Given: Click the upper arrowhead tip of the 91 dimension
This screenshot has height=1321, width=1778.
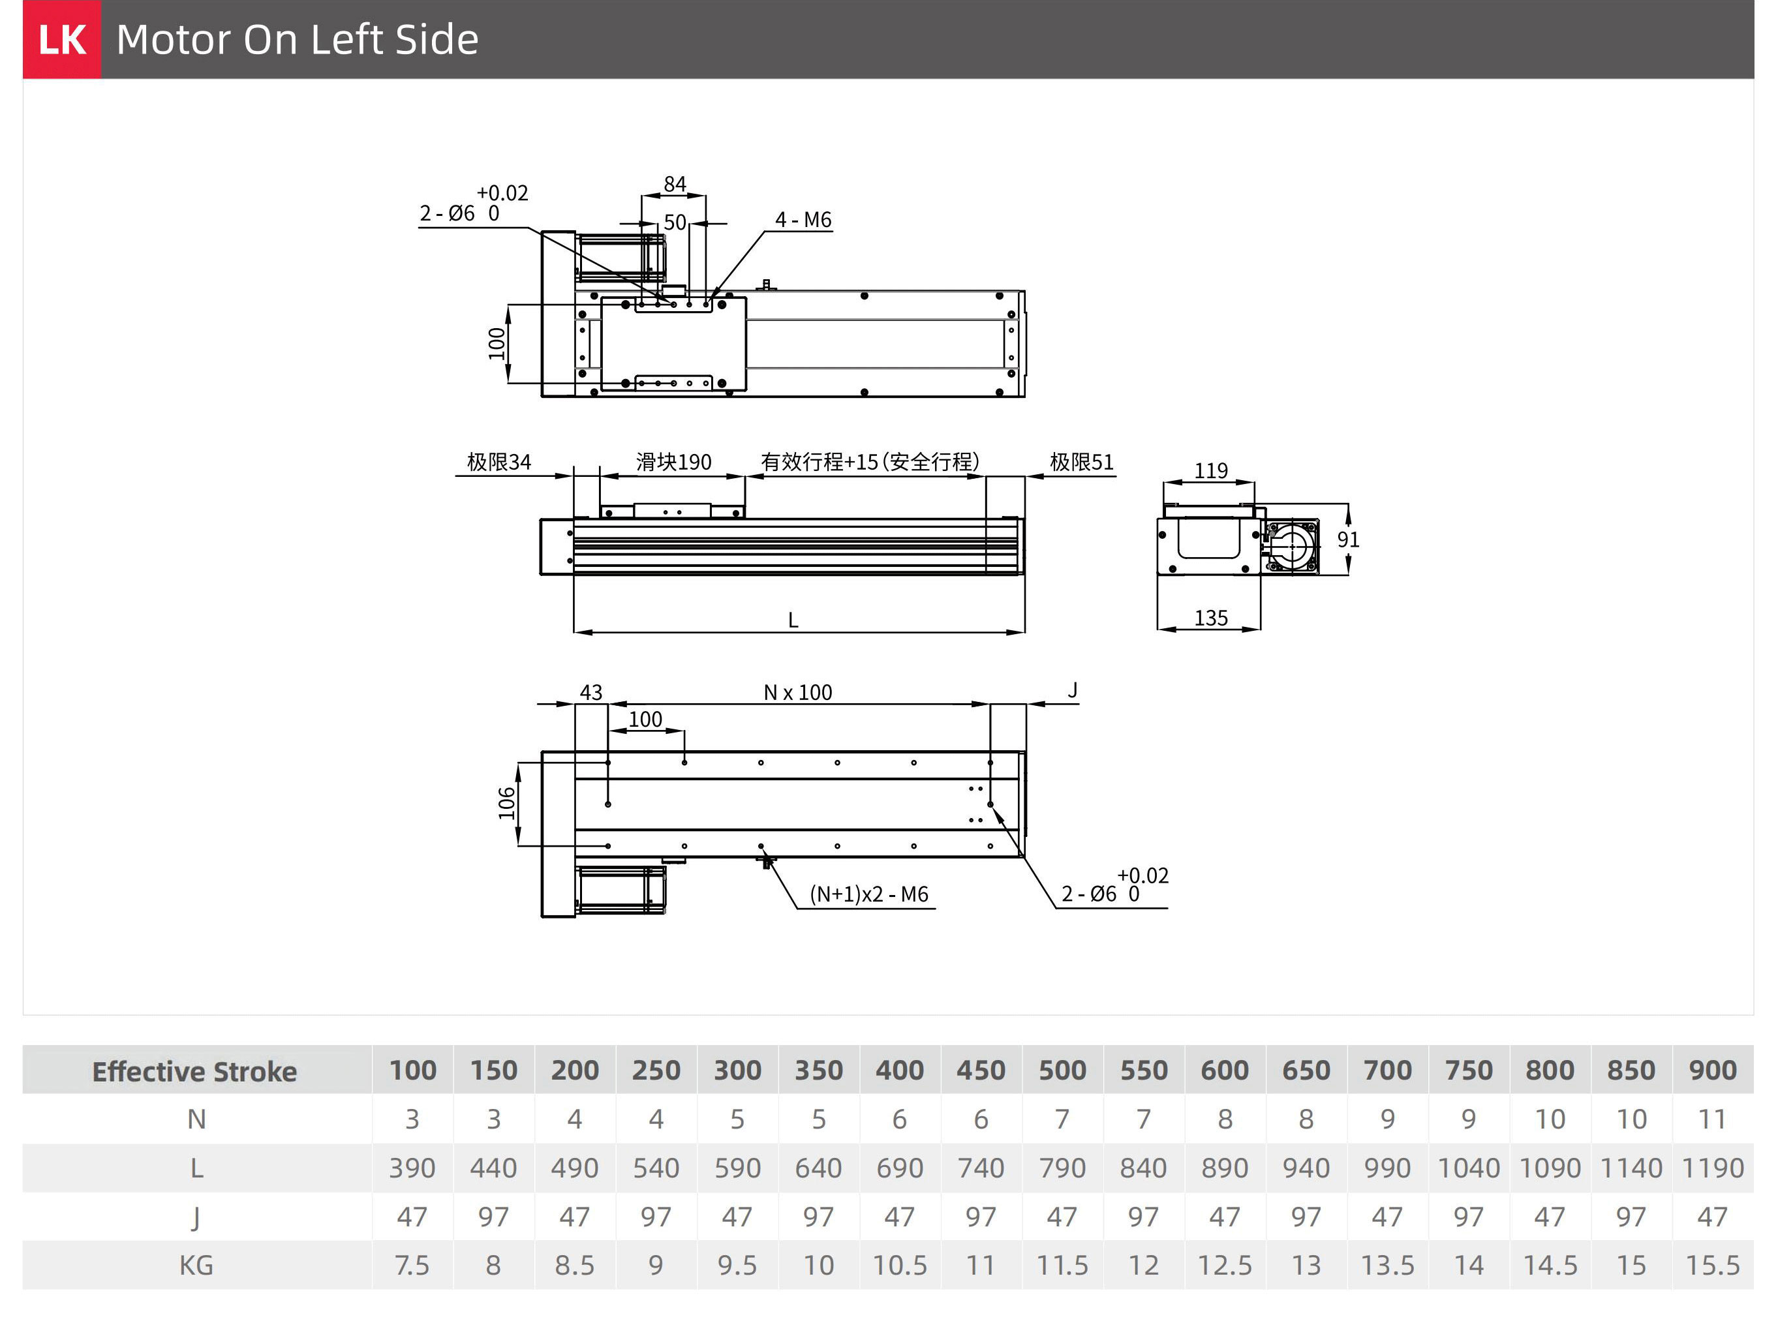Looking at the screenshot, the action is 1348,504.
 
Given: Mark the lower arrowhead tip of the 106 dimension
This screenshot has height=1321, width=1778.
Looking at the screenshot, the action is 518,845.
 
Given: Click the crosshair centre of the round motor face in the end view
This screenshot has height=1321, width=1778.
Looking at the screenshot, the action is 1289,547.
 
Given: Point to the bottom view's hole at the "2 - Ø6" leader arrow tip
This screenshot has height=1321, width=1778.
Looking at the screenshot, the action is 990,804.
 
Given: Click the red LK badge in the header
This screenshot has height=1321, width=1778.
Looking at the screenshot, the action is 61,39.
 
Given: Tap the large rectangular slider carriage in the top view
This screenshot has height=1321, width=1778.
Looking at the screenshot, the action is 673,344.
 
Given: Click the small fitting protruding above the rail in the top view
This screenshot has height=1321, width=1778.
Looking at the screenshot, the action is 766,284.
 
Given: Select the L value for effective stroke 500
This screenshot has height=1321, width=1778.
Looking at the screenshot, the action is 1062,1168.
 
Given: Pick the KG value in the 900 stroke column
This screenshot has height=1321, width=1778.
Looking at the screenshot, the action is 1712,1266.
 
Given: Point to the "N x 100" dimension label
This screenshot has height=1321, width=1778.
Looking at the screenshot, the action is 797,693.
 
